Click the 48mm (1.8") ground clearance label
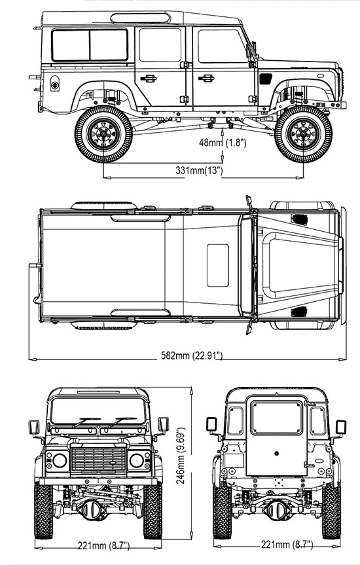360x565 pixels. coord(223,142)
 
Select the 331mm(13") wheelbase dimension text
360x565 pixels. coord(199,170)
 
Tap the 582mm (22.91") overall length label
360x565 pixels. coord(192,355)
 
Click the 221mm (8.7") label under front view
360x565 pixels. coord(103,545)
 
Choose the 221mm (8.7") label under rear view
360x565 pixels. coord(287,544)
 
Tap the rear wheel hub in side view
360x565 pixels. coord(103,134)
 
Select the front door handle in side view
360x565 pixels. coord(206,78)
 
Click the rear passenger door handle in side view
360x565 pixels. coord(148,78)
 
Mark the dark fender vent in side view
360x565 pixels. coord(266,79)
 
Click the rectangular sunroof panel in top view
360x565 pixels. coord(218,266)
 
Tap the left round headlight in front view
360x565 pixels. coord(60,460)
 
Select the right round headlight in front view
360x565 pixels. coord(137,460)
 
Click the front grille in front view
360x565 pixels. coord(98,459)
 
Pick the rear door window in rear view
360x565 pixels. coord(277,417)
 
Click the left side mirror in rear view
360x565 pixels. coord(211,424)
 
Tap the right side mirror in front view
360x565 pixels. coord(164,424)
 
